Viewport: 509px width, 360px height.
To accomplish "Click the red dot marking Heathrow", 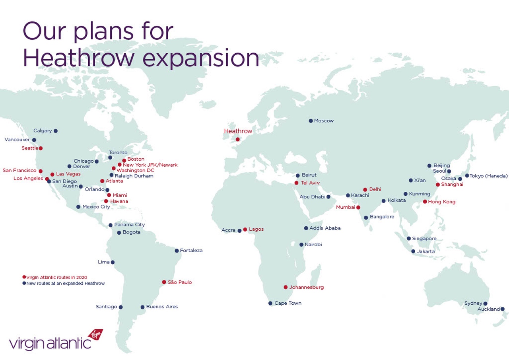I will coord(238,139).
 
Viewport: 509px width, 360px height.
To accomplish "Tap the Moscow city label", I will coord(324,121).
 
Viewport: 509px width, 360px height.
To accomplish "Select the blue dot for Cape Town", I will coord(270,303).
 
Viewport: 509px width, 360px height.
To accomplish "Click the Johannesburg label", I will coord(306,287).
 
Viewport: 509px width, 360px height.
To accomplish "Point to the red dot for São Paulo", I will coord(164,282).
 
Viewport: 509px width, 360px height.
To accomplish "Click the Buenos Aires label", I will coord(162,307).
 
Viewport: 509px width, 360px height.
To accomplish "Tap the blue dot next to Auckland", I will coord(502,309).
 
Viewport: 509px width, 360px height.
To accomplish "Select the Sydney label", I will coord(473,303).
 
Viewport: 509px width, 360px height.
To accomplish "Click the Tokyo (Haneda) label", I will coord(489,176).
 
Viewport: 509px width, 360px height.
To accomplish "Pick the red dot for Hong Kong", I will coord(425,202).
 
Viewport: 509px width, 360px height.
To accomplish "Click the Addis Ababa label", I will coord(325,228).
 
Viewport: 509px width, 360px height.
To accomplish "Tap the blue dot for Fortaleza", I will coord(177,251).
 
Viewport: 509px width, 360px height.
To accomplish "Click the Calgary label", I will coord(43,130).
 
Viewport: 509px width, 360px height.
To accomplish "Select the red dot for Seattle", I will coord(41,148).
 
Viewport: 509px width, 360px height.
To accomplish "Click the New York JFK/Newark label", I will coord(150,165).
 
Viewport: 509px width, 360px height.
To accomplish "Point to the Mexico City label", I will coord(96,207).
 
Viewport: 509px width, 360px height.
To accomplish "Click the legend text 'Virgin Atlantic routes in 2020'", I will coord(57,277).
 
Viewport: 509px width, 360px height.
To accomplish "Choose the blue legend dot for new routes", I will coord(24,283).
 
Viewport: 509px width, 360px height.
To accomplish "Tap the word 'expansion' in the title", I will coord(201,58).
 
